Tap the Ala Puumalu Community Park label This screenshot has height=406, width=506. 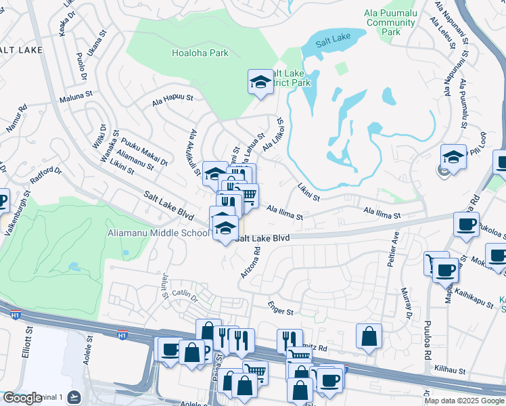(x=389, y=22)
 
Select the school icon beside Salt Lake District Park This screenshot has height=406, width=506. (x=259, y=83)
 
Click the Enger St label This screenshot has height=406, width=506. (x=280, y=309)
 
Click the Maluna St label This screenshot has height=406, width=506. (x=78, y=97)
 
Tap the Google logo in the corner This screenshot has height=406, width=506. (x=22, y=399)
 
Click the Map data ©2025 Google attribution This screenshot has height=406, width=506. (x=464, y=401)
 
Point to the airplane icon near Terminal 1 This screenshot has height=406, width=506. (x=73, y=397)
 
